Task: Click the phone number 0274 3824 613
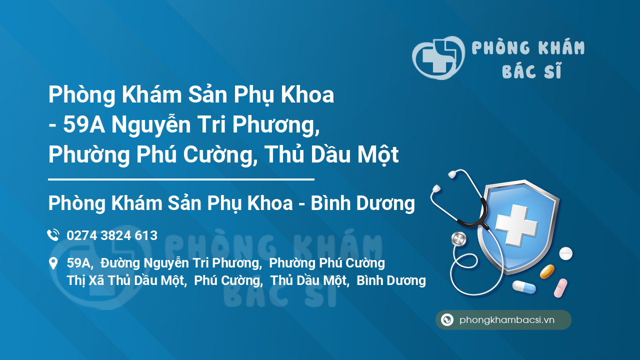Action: (x=112, y=235)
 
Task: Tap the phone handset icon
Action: (x=53, y=235)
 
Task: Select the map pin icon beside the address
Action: (x=53, y=263)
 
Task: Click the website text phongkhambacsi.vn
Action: (x=507, y=320)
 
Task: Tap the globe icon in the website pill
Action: (x=447, y=319)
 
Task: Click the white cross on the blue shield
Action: (x=516, y=224)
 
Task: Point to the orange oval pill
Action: (x=547, y=271)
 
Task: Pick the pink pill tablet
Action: (x=560, y=287)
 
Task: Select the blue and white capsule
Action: (x=524, y=287)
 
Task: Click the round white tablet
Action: (x=565, y=253)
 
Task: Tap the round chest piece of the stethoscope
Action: (x=459, y=239)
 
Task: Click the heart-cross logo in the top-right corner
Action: (x=438, y=57)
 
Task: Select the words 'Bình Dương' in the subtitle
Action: (x=363, y=203)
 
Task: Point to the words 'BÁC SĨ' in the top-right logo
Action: (x=532, y=70)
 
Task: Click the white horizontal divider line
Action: (x=181, y=179)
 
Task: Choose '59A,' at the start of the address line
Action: (x=80, y=263)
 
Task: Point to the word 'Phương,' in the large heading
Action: (x=275, y=125)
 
